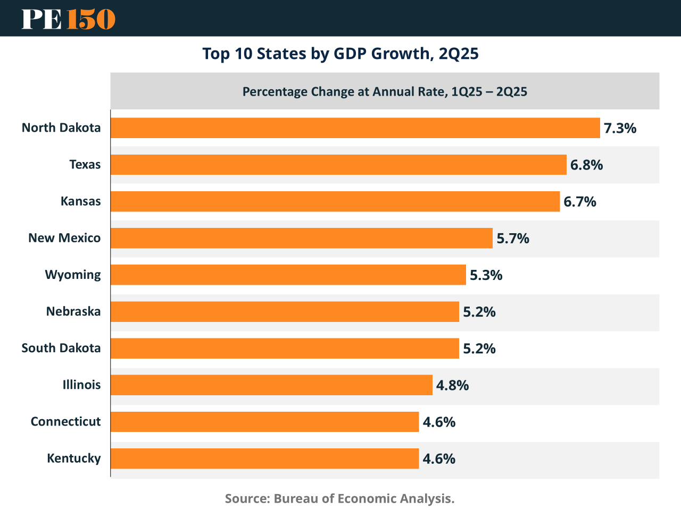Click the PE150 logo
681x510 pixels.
point(68,19)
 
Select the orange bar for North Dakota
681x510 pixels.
point(355,128)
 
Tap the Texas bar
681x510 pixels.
point(338,165)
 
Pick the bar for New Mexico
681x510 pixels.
point(301,238)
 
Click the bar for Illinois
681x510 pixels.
point(271,385)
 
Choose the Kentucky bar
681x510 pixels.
point(264,458)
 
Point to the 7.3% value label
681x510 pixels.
point(620,128)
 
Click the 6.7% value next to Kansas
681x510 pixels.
point(580,202)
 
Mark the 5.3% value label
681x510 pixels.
point(486,275)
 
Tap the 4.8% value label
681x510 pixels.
point(452,385)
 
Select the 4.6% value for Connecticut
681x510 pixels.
point(439,422)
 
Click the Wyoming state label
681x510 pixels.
point(73,275)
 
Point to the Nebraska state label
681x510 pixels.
point(73,311)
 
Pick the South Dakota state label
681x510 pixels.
point(61,348)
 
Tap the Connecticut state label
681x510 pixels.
point(65,422)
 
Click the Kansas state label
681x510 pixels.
point(80,201)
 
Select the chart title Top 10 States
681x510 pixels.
point(340,54)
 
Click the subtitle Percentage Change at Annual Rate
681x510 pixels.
point(385,92)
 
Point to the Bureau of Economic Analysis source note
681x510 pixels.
point(339,498)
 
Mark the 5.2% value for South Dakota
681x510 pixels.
point(479,348)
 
